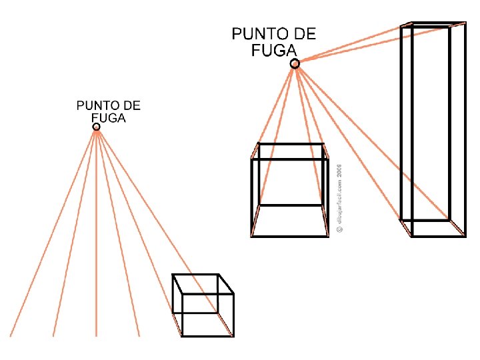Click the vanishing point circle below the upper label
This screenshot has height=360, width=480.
point(295,63)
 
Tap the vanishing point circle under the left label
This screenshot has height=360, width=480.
point(97,127)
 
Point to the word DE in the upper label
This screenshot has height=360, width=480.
point(305,33)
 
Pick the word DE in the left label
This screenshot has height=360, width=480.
point(132,105)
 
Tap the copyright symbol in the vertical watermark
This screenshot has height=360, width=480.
point(339,228)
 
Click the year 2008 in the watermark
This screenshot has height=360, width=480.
point(339,171)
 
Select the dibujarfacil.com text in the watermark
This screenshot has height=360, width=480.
point(339,200)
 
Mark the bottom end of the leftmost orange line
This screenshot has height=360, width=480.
point(11,335)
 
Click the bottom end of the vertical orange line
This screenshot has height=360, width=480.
point(97,335)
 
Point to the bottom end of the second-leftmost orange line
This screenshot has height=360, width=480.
point(53,335)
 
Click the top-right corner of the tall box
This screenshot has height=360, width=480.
point(465,23)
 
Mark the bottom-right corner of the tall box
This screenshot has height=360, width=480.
point(465,235)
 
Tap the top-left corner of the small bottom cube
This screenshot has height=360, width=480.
point(173,275)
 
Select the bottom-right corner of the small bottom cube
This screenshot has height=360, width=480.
point(233,335)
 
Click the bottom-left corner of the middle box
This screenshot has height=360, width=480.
point(251,235)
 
